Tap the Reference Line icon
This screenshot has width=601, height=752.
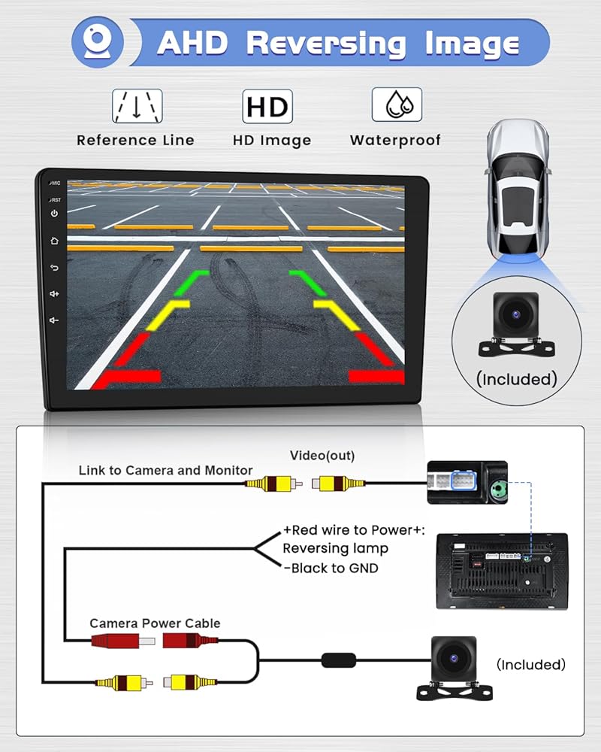click(136, 106)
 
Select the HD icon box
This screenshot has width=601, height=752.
click(267, 107)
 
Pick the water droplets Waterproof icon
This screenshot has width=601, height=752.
click(396, 105)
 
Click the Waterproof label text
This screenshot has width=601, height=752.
click(395, 141)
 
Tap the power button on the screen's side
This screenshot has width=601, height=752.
click(54, 214)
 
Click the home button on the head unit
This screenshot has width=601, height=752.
click(54, 241)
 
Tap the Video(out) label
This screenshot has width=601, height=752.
click(322, 456)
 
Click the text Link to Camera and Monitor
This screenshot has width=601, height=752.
click(165, 471)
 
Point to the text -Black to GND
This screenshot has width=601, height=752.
click(331, 569)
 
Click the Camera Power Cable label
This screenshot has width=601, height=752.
click(155, 623)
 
